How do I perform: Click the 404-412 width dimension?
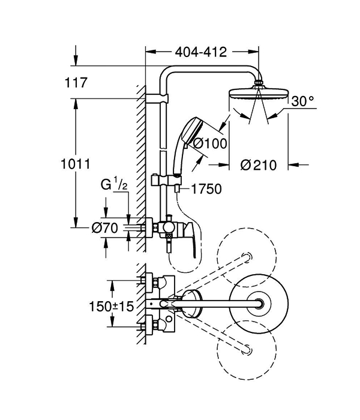point(201,52)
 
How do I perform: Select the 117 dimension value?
point(76,83)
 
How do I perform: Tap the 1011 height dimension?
point(76,164)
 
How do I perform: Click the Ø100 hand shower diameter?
point(210,143)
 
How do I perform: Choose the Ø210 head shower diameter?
point(258,165)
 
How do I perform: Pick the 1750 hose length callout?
point(206,189)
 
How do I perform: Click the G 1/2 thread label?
point(114,185)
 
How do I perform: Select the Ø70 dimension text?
point(104,228)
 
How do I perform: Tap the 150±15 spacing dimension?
point(111,306)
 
